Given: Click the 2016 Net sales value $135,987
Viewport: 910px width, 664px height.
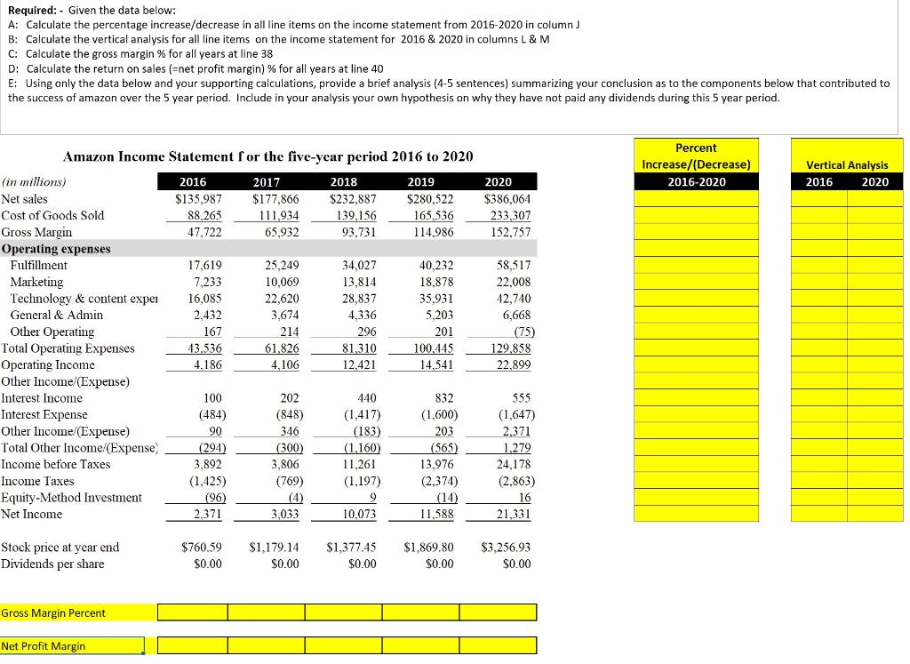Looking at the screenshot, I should (200, 198).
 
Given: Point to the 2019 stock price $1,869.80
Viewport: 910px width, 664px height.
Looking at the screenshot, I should (428, 548).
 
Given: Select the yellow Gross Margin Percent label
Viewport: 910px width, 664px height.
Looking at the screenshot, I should (53, 612).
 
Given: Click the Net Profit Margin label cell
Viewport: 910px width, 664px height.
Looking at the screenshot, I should (44, 646).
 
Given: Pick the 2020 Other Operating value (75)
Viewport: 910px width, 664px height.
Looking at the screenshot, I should (520, 332).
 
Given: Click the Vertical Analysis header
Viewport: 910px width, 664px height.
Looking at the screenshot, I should (846, 164).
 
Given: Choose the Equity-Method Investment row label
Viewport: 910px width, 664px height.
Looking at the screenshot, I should (71, 497).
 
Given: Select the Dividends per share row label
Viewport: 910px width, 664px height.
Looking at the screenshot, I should (52, 564).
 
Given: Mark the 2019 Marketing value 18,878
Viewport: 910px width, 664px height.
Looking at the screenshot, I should (435, 282).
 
